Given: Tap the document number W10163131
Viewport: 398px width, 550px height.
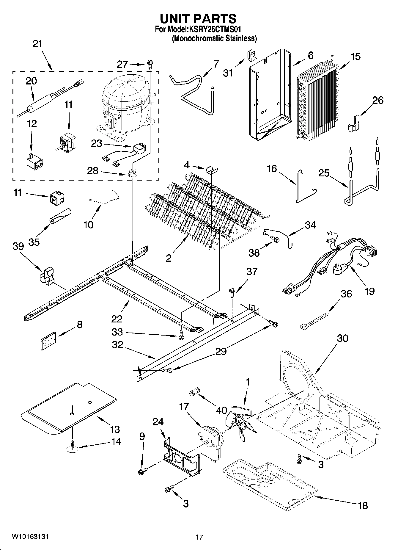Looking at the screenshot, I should coord(30,536).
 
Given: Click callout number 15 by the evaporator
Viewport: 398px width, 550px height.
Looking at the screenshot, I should coord(355,56).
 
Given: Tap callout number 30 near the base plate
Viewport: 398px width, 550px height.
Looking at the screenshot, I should coord(342,338).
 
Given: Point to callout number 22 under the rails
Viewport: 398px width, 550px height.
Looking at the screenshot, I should coord(117,319).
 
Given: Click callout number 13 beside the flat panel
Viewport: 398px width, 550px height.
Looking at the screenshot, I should coord(115,429).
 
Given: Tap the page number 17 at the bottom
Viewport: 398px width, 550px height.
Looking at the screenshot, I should coord(199,537).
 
